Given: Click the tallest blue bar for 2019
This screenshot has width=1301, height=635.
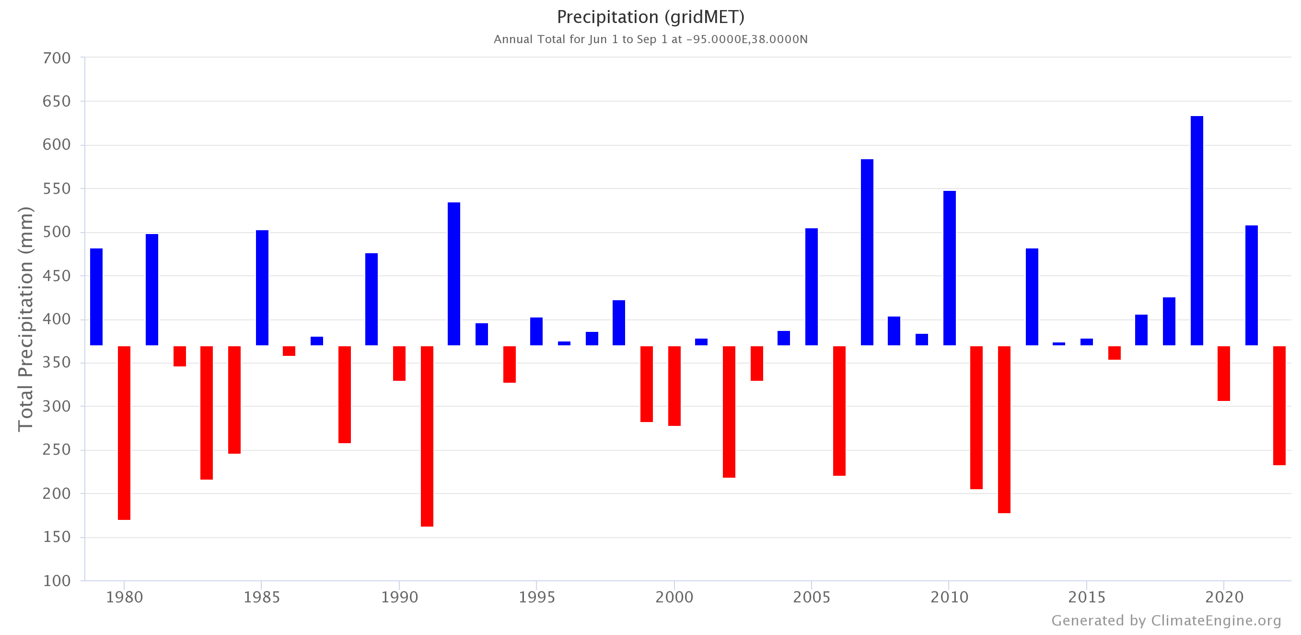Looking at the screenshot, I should click(x=1196, y=230).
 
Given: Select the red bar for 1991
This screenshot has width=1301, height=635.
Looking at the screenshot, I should click(x=427, y=436).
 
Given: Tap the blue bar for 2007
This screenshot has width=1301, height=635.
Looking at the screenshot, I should click(x=867, y=252).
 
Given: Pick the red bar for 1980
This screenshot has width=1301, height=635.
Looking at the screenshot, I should click(x=124, y=433).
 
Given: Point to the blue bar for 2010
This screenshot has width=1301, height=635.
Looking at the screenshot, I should click(x=949, y=268).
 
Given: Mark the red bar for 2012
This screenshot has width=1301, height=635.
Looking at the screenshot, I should click(x=1004, y=429).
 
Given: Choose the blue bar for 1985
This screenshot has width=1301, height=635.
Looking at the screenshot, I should click(x=262, y=287).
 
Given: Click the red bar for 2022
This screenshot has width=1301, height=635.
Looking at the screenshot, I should click(x=1279, y=405).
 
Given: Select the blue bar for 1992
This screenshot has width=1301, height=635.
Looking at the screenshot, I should click(x=453, y=274).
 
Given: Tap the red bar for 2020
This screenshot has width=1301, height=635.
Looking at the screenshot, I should click(x=1224, y=373).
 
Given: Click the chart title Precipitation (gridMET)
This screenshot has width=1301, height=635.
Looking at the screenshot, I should click(x=650, y=17).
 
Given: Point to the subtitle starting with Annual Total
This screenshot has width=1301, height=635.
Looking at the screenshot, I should click(x=650, y=39).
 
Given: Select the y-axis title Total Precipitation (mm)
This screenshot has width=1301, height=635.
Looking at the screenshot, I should click(x=25, y=319).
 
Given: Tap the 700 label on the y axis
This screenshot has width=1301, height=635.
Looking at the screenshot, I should click(x=57, y=58).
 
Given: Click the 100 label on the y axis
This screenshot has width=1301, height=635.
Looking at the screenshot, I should click(x=57, y=581).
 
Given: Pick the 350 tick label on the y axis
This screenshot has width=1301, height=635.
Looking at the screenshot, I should click(x=57, y=363).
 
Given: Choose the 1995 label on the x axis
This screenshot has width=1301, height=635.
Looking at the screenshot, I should click(x=536, y=598).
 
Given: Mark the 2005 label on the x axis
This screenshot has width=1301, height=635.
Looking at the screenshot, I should click(x=811, y=598).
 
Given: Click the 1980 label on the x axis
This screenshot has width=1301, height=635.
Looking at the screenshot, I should click(x=124, y=598).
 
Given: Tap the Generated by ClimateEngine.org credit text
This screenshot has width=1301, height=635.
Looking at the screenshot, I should click(x=1166, y=620).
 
